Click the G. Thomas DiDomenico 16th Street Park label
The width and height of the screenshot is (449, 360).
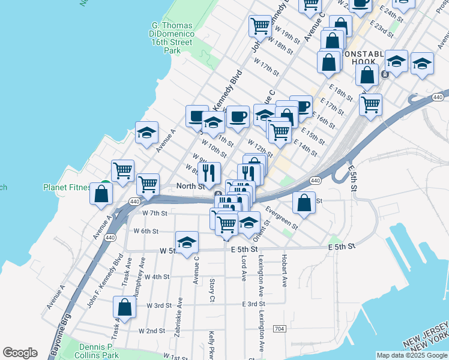[172, 38]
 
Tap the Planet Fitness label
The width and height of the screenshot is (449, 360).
[66, 187]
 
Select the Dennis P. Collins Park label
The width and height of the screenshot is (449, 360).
[97, 351]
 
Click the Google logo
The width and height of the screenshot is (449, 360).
[20, 353]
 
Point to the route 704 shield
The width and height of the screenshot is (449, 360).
[279, 329]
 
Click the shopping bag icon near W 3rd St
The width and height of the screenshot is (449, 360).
[124, 307]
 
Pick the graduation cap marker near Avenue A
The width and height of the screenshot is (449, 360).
[146, 133]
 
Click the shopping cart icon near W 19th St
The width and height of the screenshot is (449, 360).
[260, 25]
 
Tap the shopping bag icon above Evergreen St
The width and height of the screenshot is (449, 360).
[304, 202]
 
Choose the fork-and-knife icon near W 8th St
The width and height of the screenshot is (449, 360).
[209, 173]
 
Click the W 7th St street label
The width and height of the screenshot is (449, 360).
[154, 213]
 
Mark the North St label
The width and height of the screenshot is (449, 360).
[190, 186]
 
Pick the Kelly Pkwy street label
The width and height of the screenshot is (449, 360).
[211, 346]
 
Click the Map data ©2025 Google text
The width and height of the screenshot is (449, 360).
[412, 355]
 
